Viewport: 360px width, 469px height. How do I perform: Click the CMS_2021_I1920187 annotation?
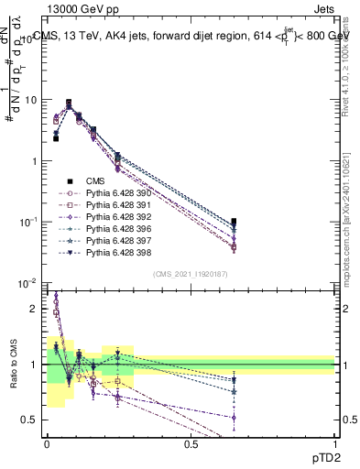coord(190,274)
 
